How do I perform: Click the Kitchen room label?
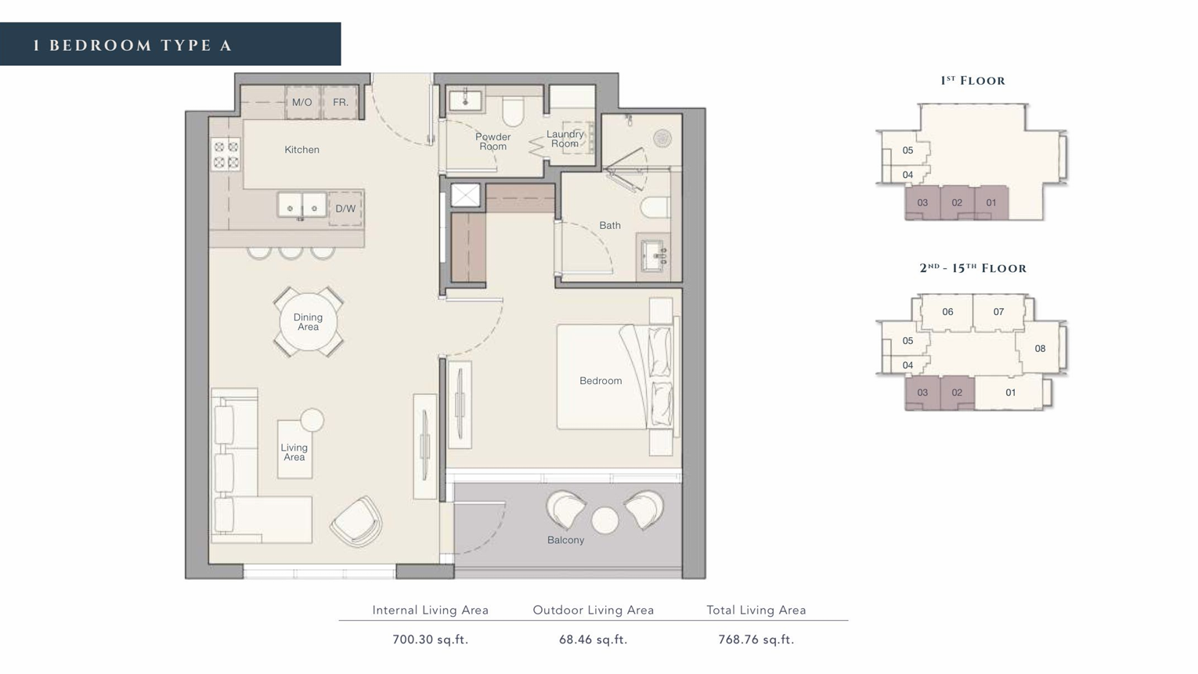301,150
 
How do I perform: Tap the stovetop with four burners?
226,154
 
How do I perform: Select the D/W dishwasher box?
345,208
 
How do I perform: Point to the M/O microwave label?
301,102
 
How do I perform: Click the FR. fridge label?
341,102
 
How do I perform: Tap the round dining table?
309,322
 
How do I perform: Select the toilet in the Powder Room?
513,111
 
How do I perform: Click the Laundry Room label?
565,139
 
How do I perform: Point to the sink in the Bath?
654,256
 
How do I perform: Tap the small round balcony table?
605,520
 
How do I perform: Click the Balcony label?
565,540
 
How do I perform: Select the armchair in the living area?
357,521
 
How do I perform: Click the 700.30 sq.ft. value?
430,640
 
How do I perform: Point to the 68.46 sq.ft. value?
593,640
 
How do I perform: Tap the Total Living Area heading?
756,610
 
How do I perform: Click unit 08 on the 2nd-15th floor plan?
1040,349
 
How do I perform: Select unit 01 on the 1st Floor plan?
991,202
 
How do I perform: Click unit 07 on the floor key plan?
998,312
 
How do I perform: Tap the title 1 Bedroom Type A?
132,45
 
